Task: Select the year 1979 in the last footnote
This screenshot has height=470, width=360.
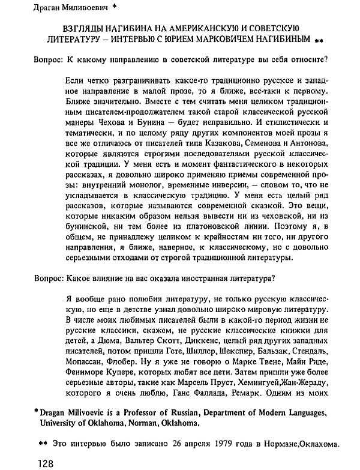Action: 203,445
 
